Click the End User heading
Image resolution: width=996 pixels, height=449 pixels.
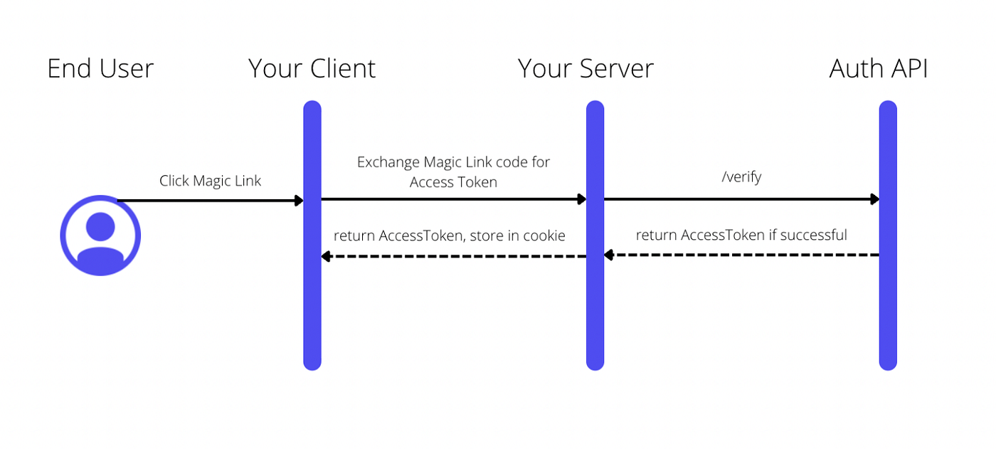pos(100,69)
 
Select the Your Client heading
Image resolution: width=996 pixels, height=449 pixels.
pos(312,69)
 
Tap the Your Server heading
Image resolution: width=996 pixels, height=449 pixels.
pos(586,69)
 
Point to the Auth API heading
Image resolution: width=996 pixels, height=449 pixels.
pos(879,69)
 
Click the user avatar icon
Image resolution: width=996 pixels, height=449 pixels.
pos(100,236)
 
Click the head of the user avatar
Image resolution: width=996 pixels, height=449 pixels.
pos(100,226)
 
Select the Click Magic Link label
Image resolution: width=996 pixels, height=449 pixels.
pos(210,181)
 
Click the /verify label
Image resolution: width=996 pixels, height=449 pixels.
pos(741,177)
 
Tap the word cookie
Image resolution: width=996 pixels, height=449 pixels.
pos(544,236)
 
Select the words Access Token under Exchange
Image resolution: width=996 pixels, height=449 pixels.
pos(453,182)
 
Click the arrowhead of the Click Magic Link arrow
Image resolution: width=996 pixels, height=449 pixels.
pos(300,201)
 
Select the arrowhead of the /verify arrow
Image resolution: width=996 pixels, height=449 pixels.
pos(875,200)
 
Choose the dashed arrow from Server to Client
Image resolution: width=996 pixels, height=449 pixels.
pos(455,256)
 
